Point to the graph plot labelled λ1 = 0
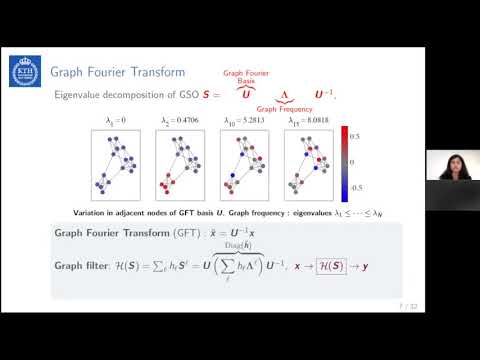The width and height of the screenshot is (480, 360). pos(119,165)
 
